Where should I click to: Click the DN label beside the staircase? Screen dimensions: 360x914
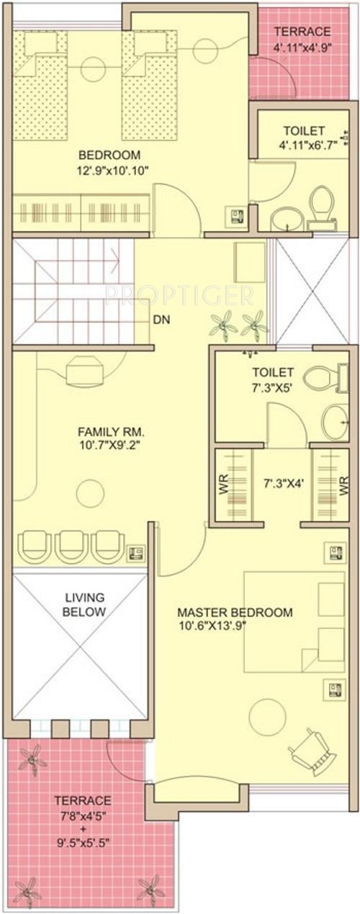click(x=161, y=320)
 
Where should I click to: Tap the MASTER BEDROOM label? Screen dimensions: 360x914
click(x=235, y=612)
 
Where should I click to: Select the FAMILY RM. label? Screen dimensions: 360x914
click(x=111, y=431)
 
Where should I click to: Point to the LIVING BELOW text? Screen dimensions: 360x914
click(x=84, y=605)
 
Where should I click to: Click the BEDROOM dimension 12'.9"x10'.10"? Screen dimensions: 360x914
click(x=112, y=170)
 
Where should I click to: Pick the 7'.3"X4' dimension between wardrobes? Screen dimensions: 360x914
click(x=284, y=484)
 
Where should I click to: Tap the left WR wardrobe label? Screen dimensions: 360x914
click(x=223, y=486)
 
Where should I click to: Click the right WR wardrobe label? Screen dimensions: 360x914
click(x=343, y=486)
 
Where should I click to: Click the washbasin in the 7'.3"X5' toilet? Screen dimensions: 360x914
click(x=336, y=422)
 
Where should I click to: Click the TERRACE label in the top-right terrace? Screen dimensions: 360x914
click(x=302, y=31)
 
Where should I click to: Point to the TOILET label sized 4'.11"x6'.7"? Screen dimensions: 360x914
click(x=304, y=131)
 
